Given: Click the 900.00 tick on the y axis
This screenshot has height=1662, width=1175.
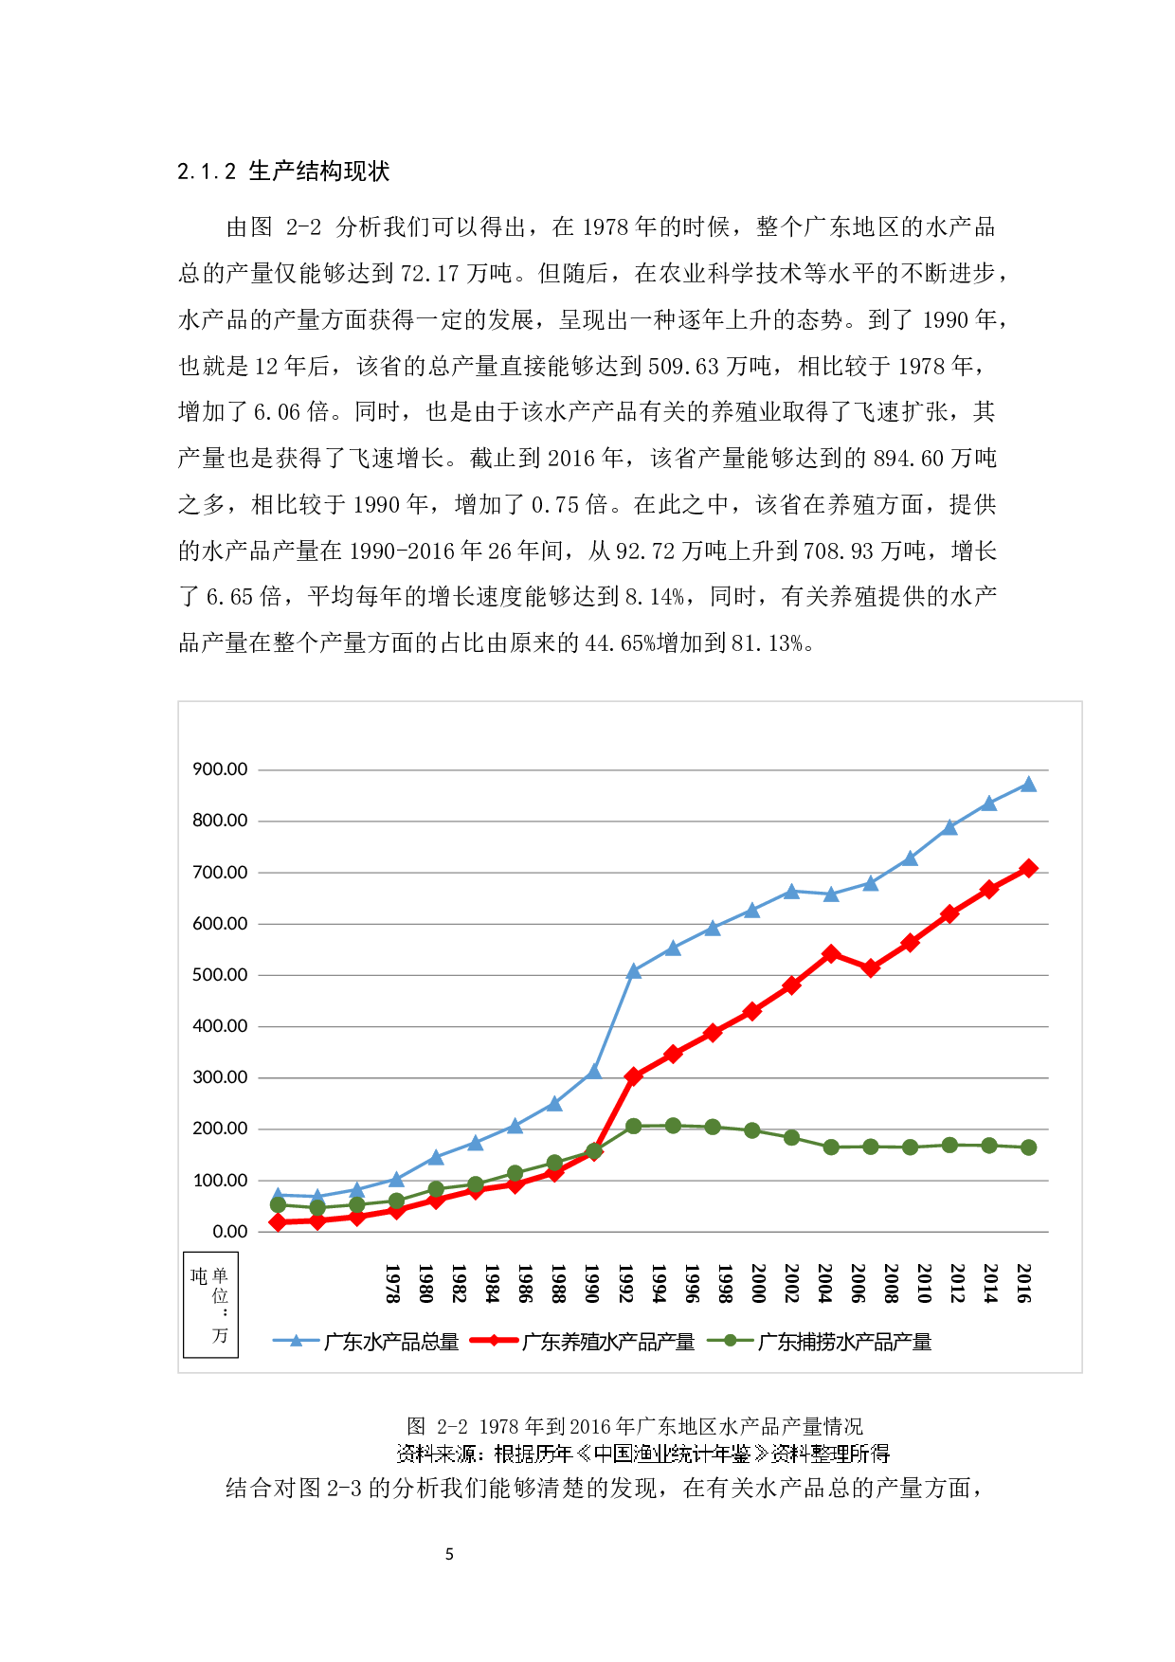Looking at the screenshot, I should point(220,769).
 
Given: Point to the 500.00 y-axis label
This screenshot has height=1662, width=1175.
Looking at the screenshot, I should point(220,975).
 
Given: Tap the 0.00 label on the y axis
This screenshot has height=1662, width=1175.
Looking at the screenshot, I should point(229,1232).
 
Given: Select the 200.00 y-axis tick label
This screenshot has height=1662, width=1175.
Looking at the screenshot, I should point(220,1129).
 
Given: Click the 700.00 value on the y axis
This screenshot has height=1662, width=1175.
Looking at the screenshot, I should point(220,873).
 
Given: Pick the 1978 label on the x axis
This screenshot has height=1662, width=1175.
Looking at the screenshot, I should point(392,1283).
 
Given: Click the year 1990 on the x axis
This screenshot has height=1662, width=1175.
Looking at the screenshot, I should point(592,1283).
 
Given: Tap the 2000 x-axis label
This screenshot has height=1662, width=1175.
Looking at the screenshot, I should point(758,1283).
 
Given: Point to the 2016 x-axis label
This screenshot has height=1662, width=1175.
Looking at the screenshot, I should point(1024,1283).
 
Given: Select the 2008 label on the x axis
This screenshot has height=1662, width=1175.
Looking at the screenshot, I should point(891,1283).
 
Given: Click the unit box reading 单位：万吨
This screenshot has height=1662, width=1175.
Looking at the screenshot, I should point(210,1305).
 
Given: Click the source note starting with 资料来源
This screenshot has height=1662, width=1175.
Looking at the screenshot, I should point(642,1454).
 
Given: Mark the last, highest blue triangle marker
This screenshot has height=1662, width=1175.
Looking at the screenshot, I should point(1028,785).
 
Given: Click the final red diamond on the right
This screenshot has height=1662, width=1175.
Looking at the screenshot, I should point(1028,868).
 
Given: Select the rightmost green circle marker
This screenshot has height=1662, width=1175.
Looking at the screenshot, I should point(1028,1147).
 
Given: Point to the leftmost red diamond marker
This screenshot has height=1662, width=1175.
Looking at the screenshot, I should point(278,1222).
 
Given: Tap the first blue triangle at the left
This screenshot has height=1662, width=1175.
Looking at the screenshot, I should point(278,1196).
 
